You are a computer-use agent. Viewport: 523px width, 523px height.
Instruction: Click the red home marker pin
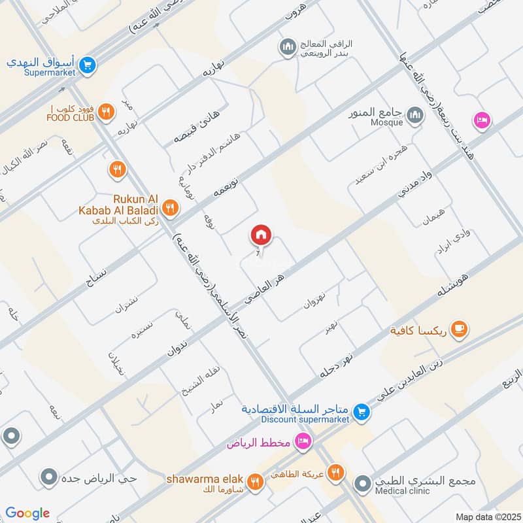click(x=261, y=235)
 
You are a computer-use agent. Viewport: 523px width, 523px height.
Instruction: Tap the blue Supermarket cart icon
click(x=88, y=65)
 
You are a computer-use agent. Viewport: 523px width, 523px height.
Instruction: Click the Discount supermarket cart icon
click(x=360, y=412)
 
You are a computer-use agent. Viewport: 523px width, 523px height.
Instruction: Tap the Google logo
click(x=28, y=513)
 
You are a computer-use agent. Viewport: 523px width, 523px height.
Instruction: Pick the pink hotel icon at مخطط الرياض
click(x=301, y=442)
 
